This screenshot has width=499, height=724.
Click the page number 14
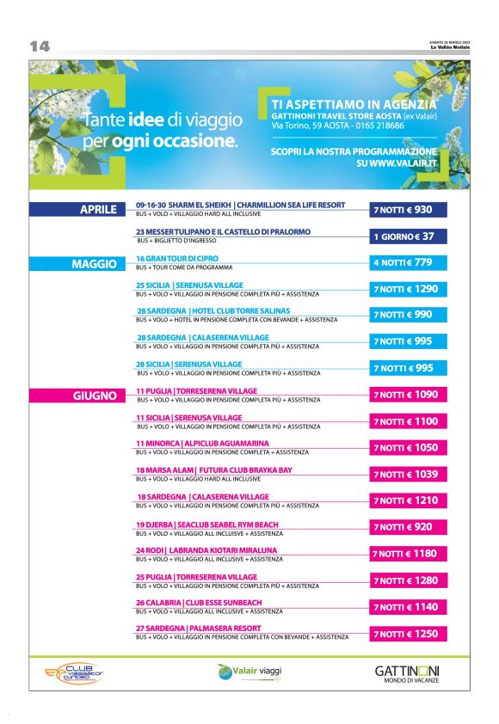[x=40, y=46]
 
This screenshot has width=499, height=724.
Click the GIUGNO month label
[x=95, y=396]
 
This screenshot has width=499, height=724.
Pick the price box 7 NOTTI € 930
[x=408, y=210]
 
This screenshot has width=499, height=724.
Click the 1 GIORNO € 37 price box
[x=408, y=236]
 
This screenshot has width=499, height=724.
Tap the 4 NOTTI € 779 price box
[x=408, y=262]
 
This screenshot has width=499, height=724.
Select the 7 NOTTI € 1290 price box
[x=408, y=289]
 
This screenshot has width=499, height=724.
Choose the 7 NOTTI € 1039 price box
[x=408, y=474]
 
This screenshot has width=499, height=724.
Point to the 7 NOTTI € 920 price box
[x=408, y=527]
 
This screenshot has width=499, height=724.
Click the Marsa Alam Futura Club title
[x=213, y=469]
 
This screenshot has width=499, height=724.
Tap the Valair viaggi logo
[x=250, y=671]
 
